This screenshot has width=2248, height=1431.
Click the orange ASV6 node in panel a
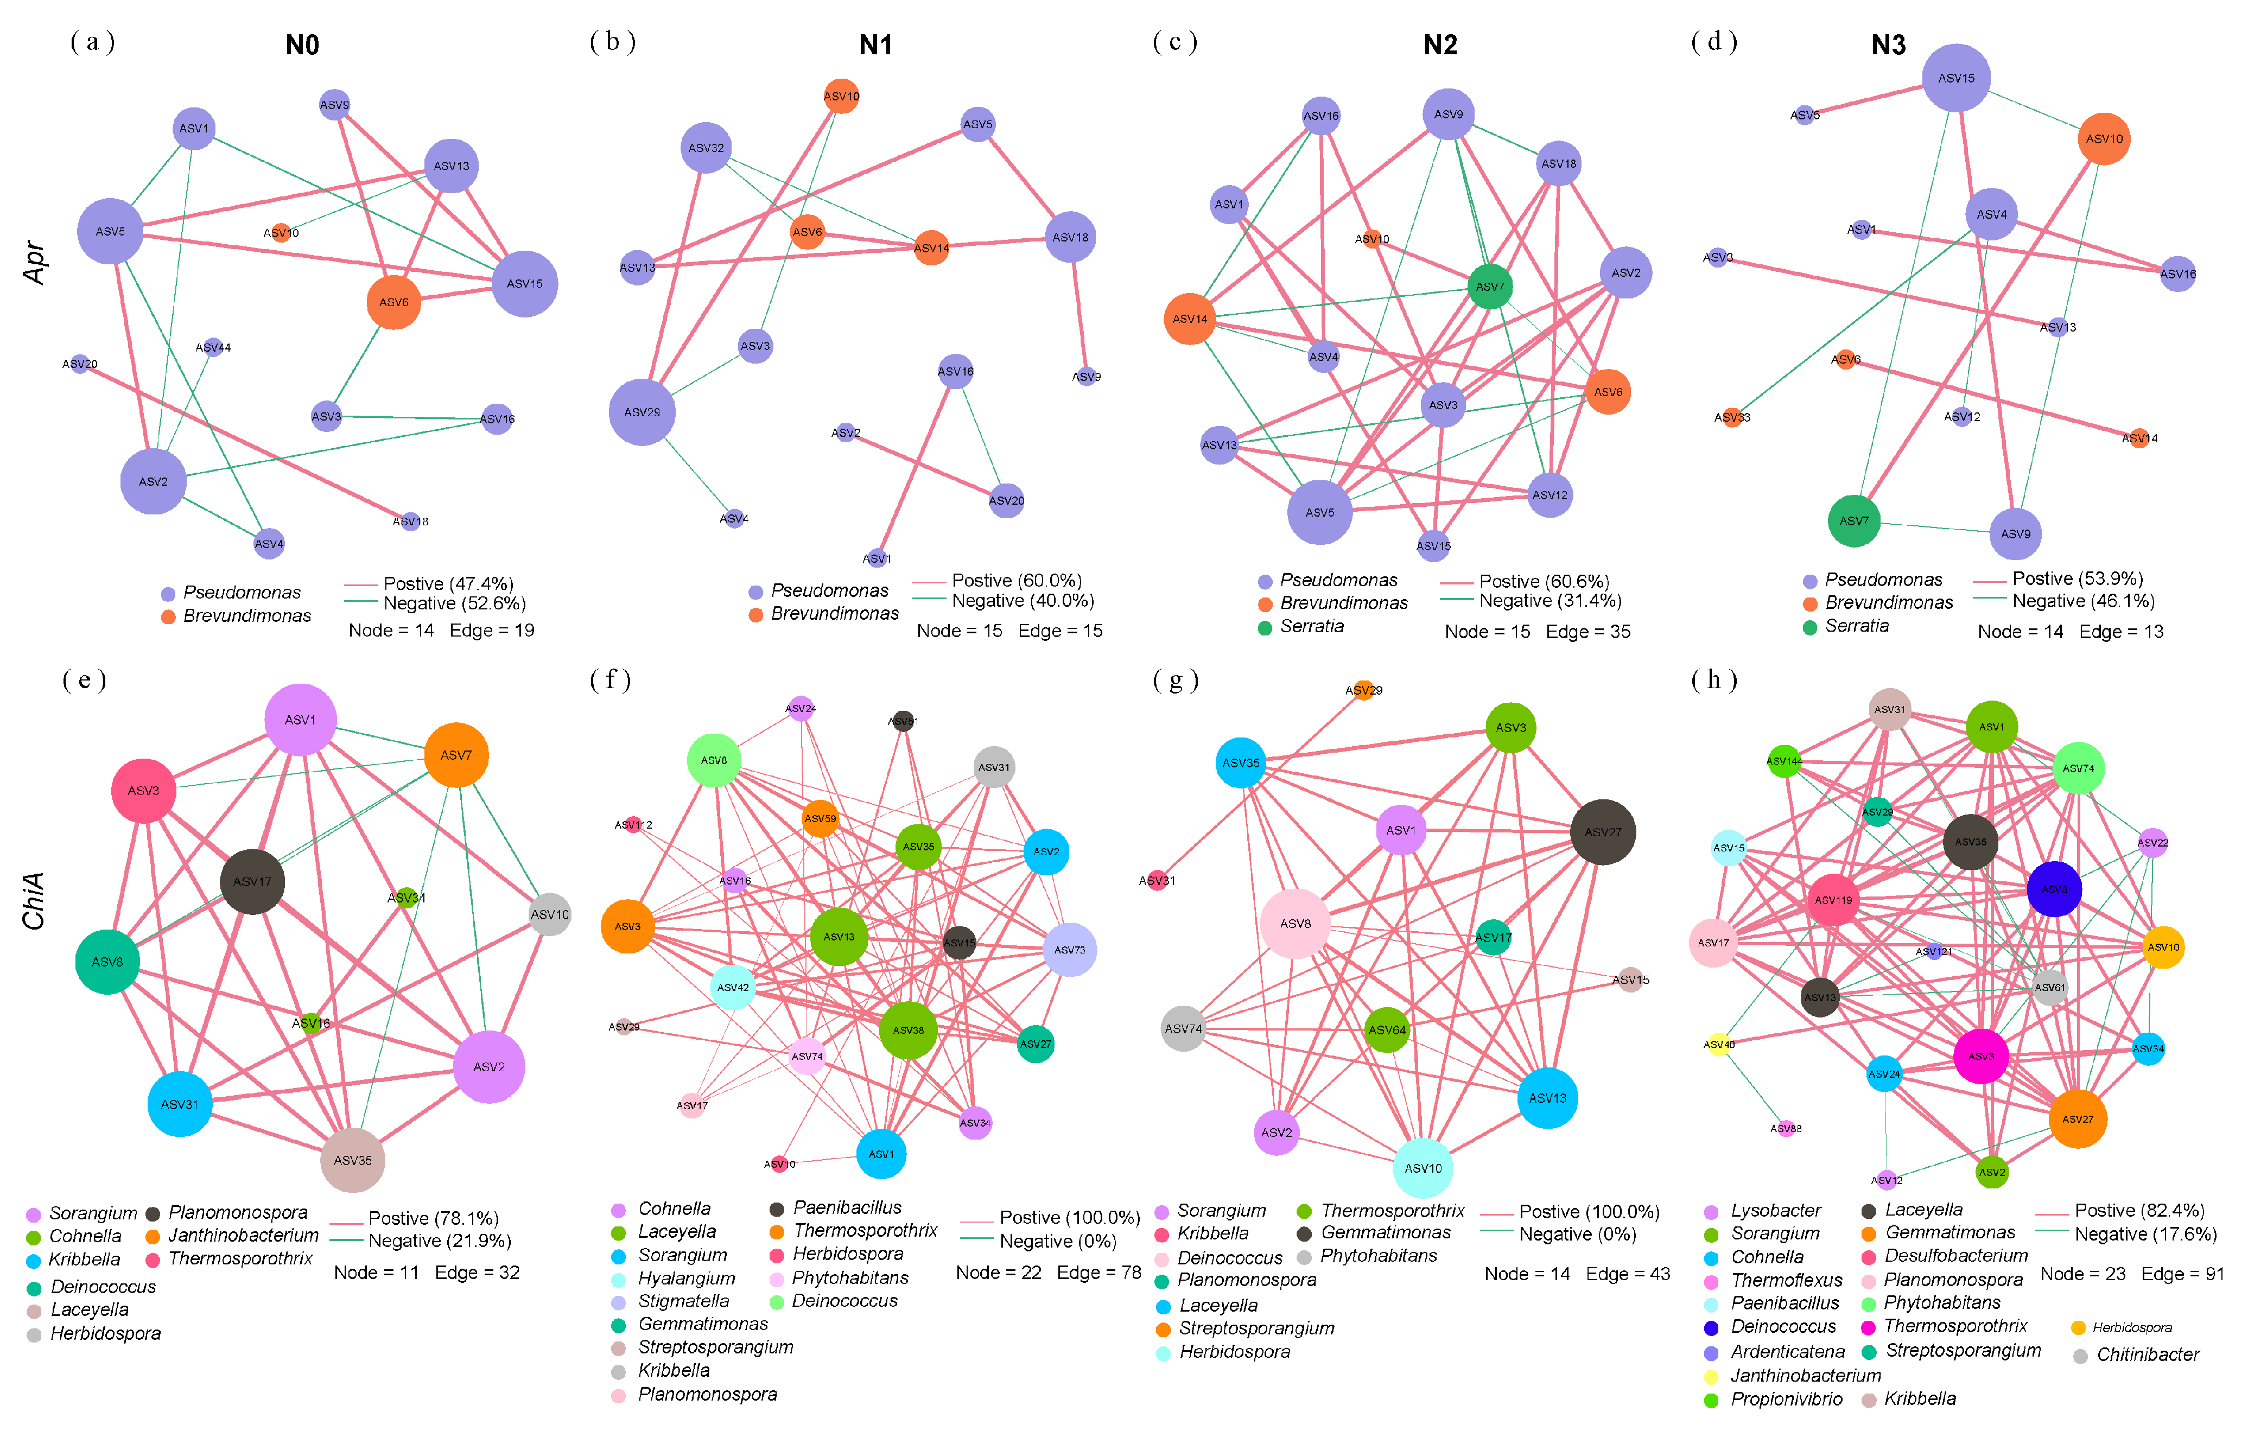coord(393,302)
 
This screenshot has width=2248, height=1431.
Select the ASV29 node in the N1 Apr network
coord(642,412)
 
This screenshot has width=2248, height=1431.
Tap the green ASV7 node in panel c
coord(1489,287)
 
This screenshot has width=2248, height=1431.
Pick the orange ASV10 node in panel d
coord(2103,139)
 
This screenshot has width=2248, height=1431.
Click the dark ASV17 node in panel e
coord(252,881)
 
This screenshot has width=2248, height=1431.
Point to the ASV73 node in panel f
coord(1070,949)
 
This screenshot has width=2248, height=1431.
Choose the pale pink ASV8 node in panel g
coord(1295,923)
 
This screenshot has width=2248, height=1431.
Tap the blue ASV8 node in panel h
coord(2054,889)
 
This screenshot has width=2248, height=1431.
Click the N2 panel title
coord(1439,45)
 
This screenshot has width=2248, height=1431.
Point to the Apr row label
coord(35,262)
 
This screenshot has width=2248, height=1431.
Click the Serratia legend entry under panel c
coord(1311,626)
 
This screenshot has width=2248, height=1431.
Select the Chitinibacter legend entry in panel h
coord(2147,1354)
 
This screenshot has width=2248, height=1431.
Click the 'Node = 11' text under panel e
coord(376,1273)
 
